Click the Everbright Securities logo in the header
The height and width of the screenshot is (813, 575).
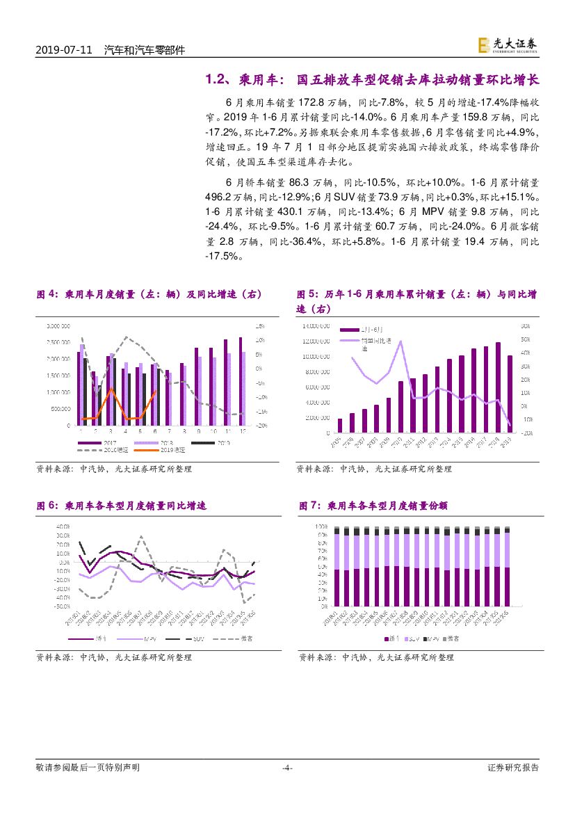(x=508, y=45)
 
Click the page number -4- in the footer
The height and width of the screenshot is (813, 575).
(x=287, y=768)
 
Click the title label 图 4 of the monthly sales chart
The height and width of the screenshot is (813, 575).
(x=47, y=294)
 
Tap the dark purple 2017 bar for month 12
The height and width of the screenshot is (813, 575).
(x=240, y=382)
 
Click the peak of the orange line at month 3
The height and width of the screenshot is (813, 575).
(x=111, y=389)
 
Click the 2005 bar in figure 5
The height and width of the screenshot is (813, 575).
(x=340, y=426)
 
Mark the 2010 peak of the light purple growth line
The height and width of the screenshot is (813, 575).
(x=400, y=341)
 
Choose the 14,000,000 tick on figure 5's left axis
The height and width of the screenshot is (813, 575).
(x=320, y=325)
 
